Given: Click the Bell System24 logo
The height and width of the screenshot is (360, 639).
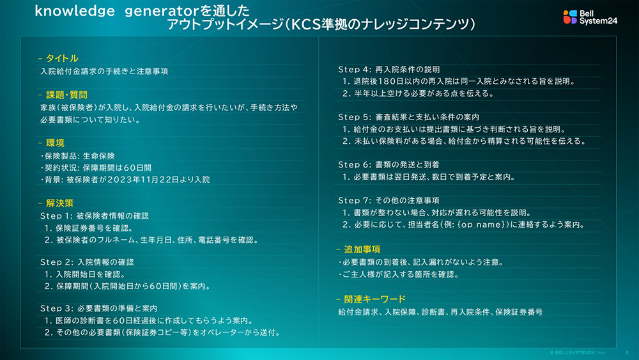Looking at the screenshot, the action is tap(590, 17).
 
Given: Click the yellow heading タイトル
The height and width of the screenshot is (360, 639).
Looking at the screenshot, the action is tap(62, 58).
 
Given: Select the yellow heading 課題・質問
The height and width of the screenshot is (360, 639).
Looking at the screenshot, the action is tap(66, 95).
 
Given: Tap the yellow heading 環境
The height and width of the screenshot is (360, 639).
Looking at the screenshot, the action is tap(55, 143).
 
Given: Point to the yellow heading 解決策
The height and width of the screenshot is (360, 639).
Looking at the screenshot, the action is tap(59, 203).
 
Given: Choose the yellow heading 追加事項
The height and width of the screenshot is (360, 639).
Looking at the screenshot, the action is tap(362, 249).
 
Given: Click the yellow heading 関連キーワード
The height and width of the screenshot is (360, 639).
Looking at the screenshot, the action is tap(374, 299).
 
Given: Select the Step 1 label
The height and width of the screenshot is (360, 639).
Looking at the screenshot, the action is tap(56, 215).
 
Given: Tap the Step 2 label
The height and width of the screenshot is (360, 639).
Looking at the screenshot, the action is tap(57, 262).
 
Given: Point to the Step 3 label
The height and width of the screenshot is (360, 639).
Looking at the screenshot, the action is tap(57, 309).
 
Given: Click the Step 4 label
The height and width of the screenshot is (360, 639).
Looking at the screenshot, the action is tap(355, 70).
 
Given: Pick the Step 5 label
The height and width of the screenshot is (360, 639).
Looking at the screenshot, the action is tap(355, 118).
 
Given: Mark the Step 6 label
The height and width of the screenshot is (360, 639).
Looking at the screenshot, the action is tap(355, 165).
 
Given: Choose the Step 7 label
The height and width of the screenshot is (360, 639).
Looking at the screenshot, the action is tap(355, 201).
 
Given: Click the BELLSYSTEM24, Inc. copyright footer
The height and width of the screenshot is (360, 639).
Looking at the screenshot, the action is tap(578, 353).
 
